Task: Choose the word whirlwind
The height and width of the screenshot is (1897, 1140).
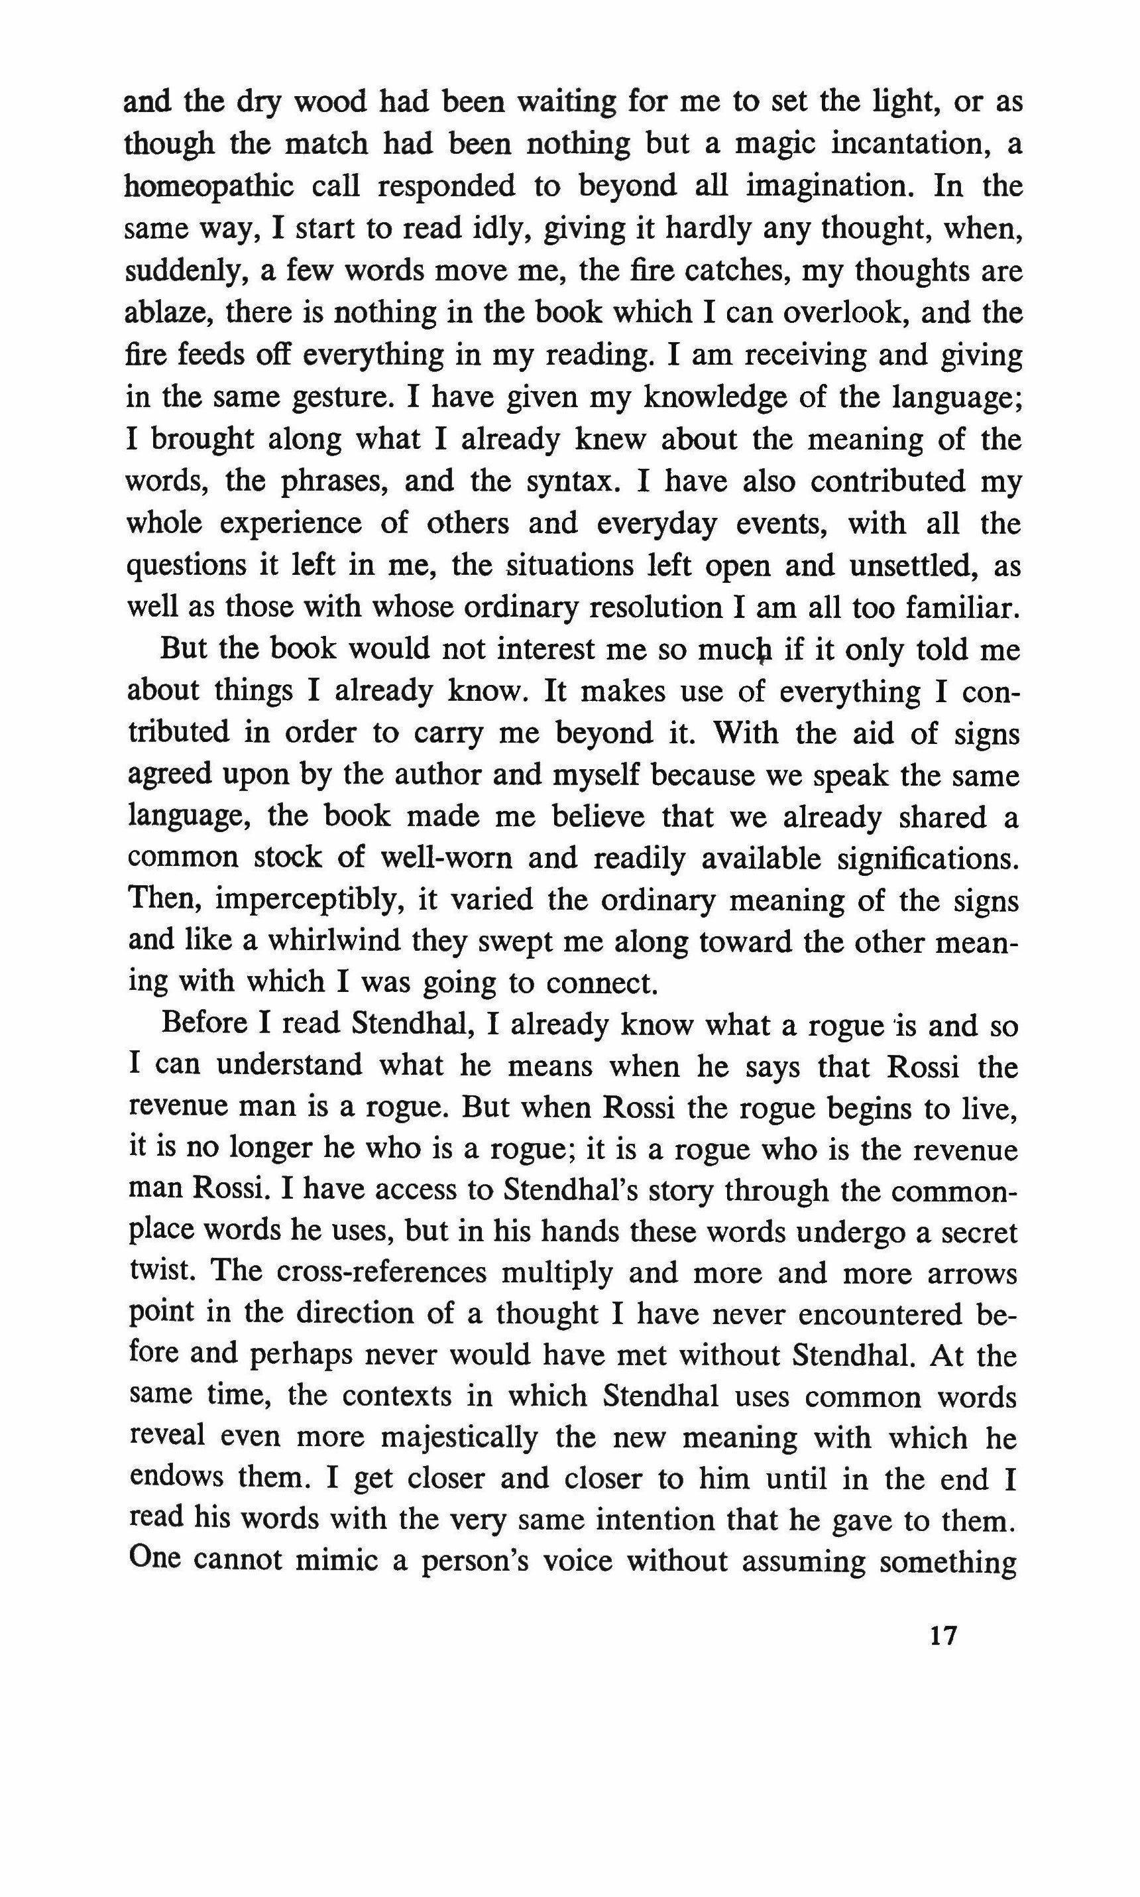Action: (x=335, y=943)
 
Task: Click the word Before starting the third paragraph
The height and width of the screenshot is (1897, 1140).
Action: (x=213, y=1026)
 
